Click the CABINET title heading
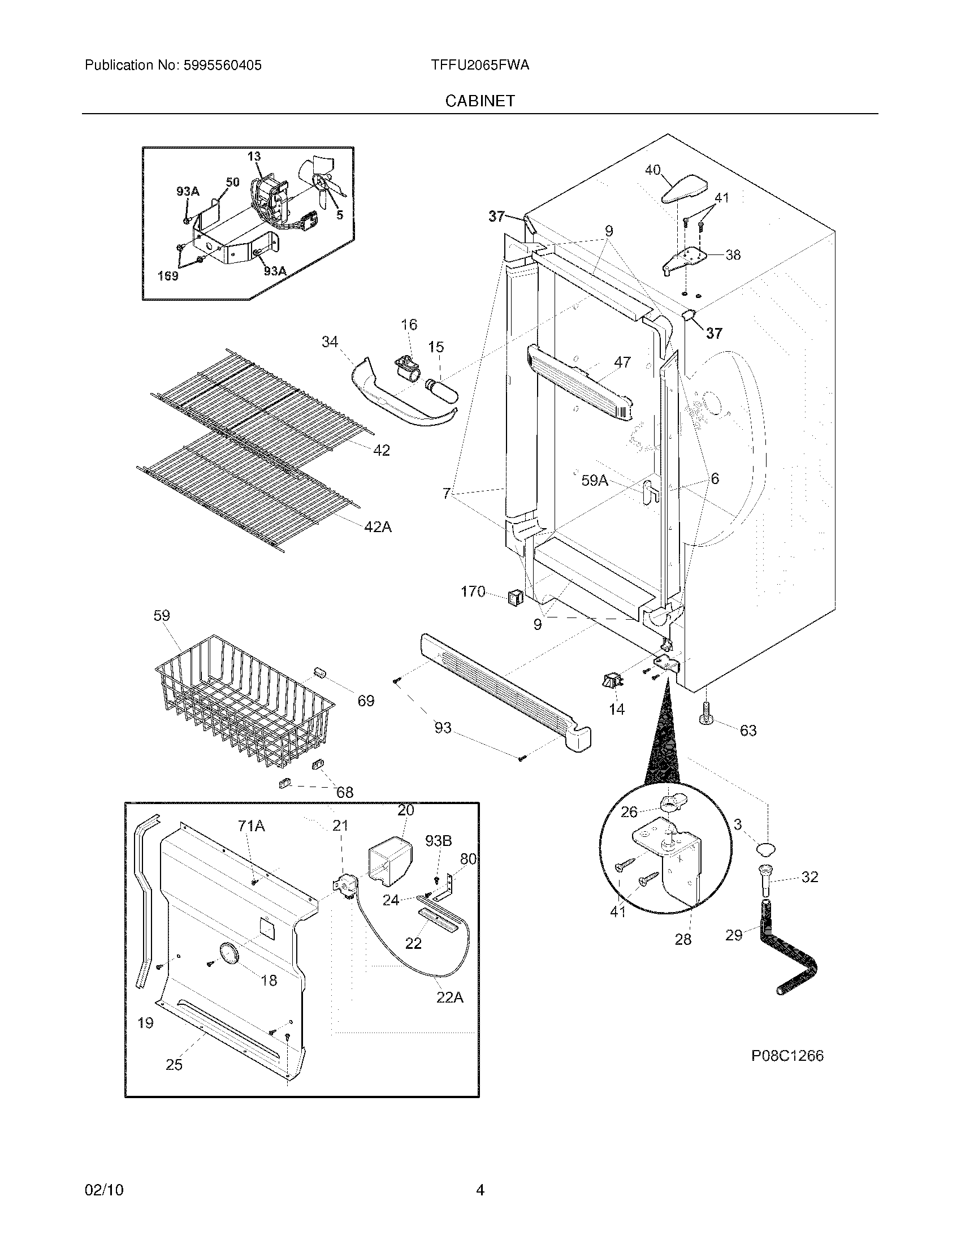480,101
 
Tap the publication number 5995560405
222,65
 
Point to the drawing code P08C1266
787,1056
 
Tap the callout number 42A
378,527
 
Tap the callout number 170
473,592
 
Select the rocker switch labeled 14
611,680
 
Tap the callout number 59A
594,481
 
